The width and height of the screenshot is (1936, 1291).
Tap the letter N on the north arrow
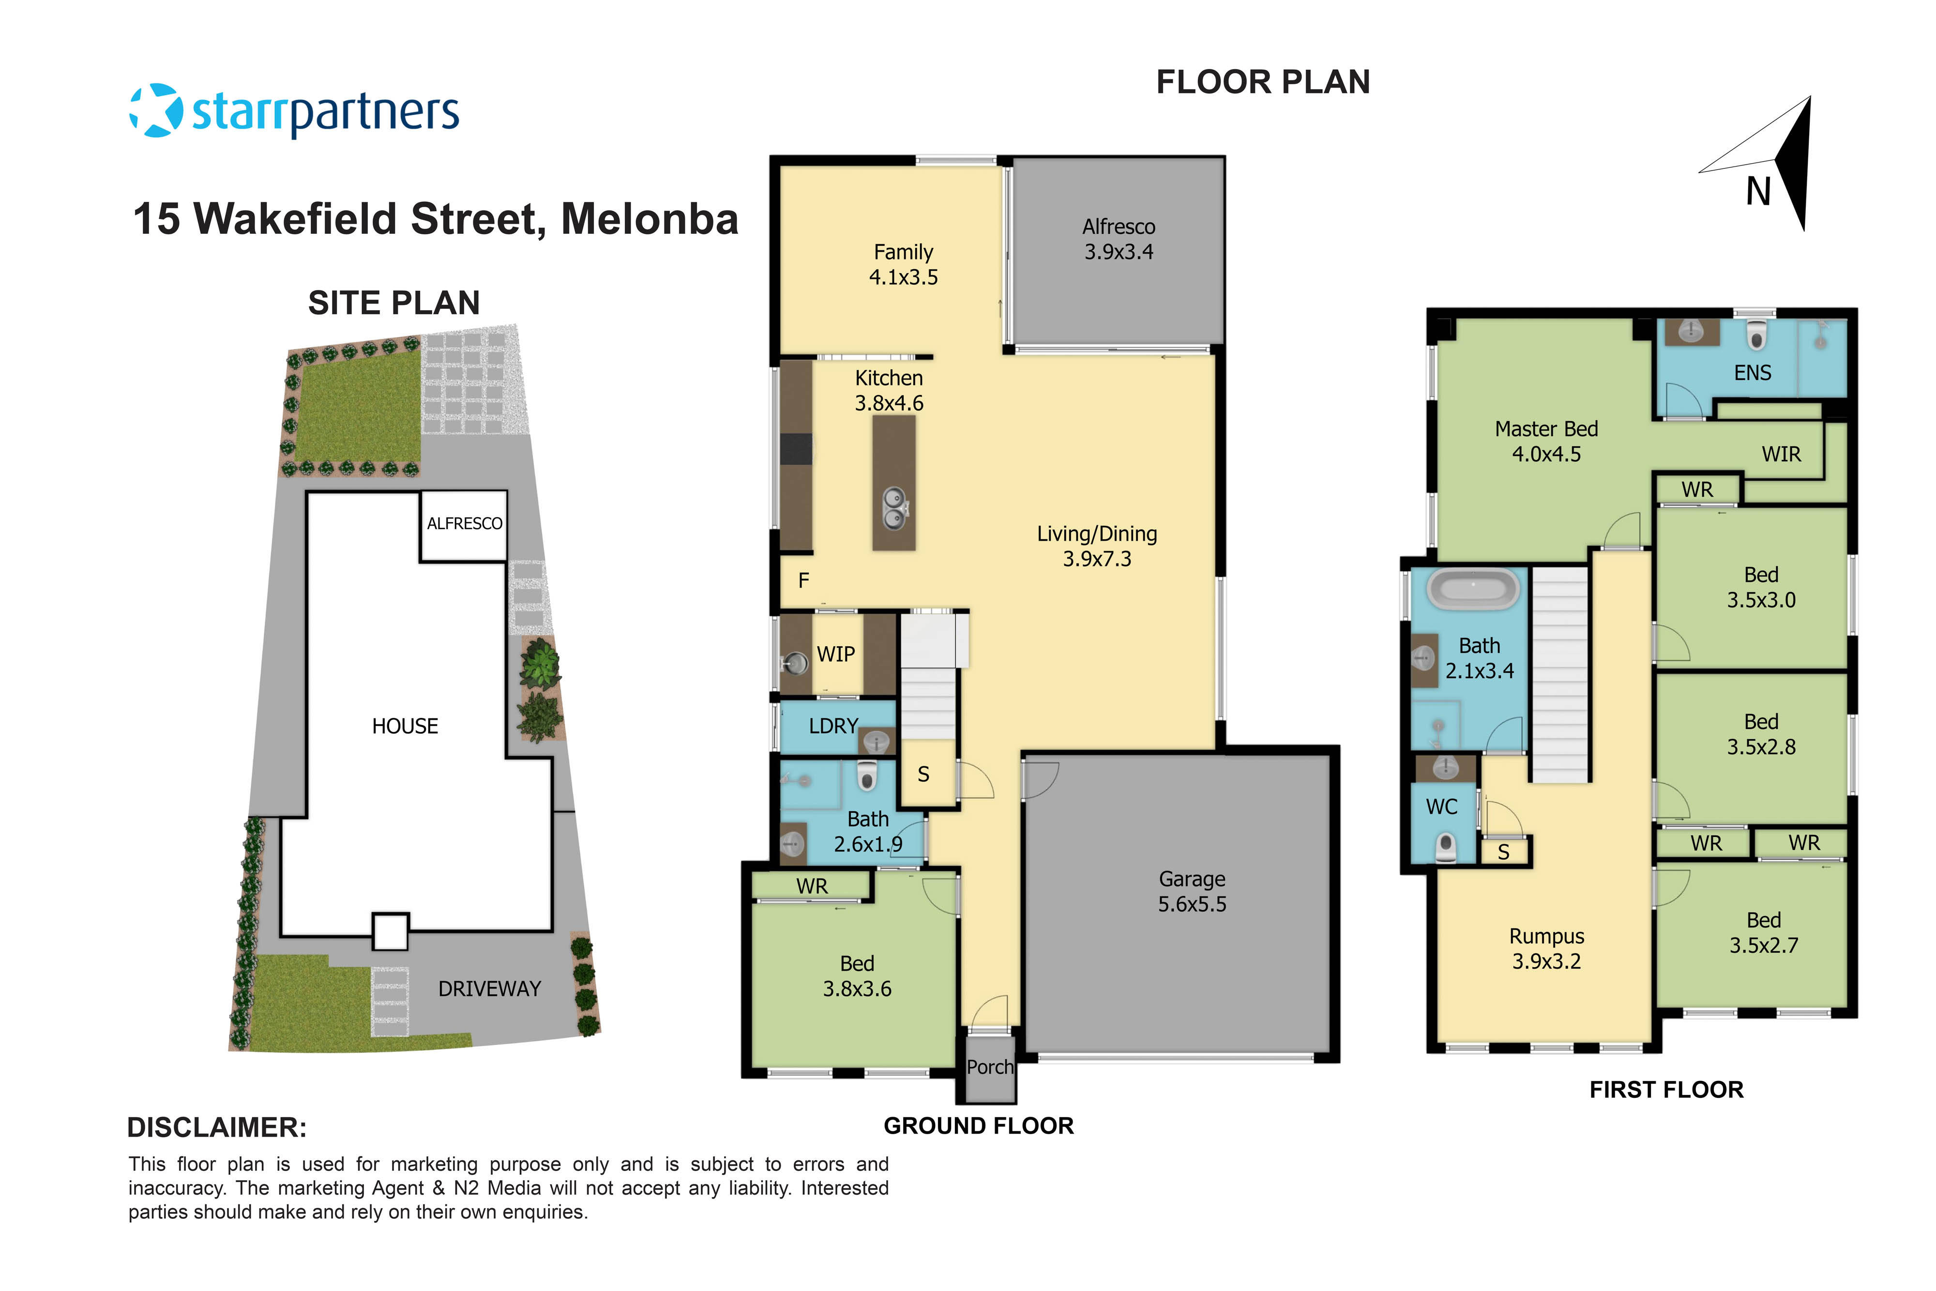point(1758,192)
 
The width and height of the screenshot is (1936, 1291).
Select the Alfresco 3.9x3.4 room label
point(1118,239)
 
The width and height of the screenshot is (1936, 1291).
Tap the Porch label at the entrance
point(989,1067)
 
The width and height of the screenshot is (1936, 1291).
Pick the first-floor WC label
point(1441,807)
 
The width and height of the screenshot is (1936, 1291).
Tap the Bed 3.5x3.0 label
point(1761,587)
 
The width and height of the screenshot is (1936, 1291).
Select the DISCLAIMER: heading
point(216,1127)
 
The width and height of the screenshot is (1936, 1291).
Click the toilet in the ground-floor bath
point(866,775)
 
